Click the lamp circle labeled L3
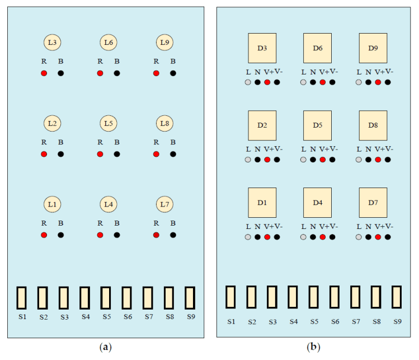pyautogui.click(x=52, y=42)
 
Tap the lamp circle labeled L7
pyautogui.click(x=164, y=204)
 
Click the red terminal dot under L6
pyautogui.click(x=100, y=73)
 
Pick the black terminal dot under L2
pyautogui.click(x=60, y=154)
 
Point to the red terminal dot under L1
pyautogui.click(x=44, y=235)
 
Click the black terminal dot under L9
pyautogui.click(x=173, y=73)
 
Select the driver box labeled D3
pyautogui.click(x=262, y=48)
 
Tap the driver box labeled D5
pyautogui.click(x=317, y=125)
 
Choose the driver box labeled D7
pyautogui.click(x=373, y=202)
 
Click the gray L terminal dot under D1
pyautogui.click(x=248, y=237)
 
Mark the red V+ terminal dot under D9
pyautogui.click(x=378, y=82)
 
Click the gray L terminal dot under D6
pyautogui.click(x=303, y=82)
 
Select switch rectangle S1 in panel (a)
pyautogui.click(x=22, y=297)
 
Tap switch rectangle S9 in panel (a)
pyautogui.click(x=190, y=297)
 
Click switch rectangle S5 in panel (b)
pyautogui.click(x=314, y=297)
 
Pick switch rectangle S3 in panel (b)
pyautogui.click(x=272, y=297)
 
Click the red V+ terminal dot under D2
pyautogui.click(x=267, y=160)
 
